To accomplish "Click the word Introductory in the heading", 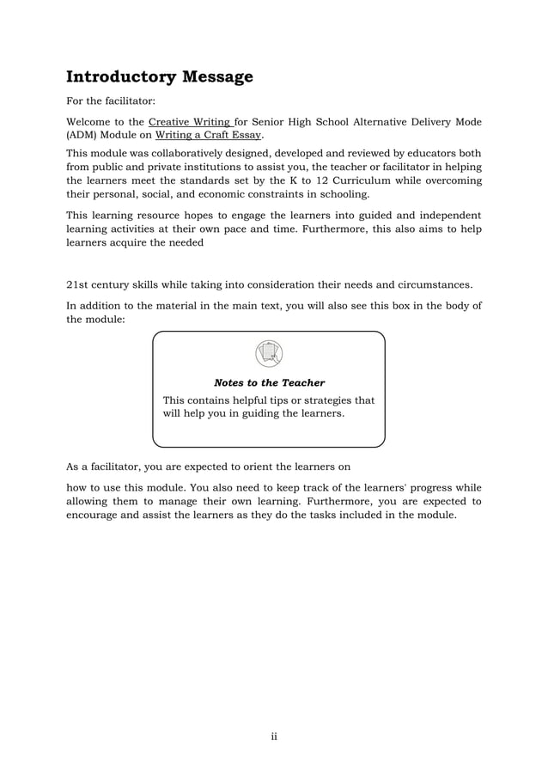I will tap(120, 77).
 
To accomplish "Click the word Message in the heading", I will tap(216, 77).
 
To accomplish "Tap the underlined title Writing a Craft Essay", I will tap(209, 135).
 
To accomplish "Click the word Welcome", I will tap(91, 122).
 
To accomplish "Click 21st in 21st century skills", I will tap(78, 285).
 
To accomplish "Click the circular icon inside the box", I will tap(269, 353).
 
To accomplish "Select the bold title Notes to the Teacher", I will tap(269, 383).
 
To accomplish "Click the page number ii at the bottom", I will tap(274, 736).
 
